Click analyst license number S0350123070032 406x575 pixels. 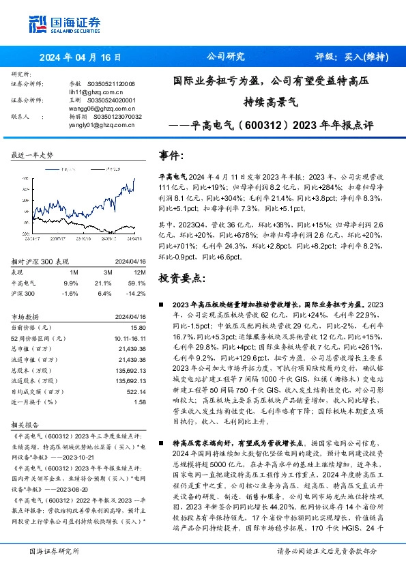(117, 117)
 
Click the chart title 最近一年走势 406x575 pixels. (33, 156)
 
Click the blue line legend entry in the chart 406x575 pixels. (58, 167)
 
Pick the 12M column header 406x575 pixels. (140, 271)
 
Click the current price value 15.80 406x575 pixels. (139, 328)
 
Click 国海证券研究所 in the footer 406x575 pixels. (52, 550)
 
